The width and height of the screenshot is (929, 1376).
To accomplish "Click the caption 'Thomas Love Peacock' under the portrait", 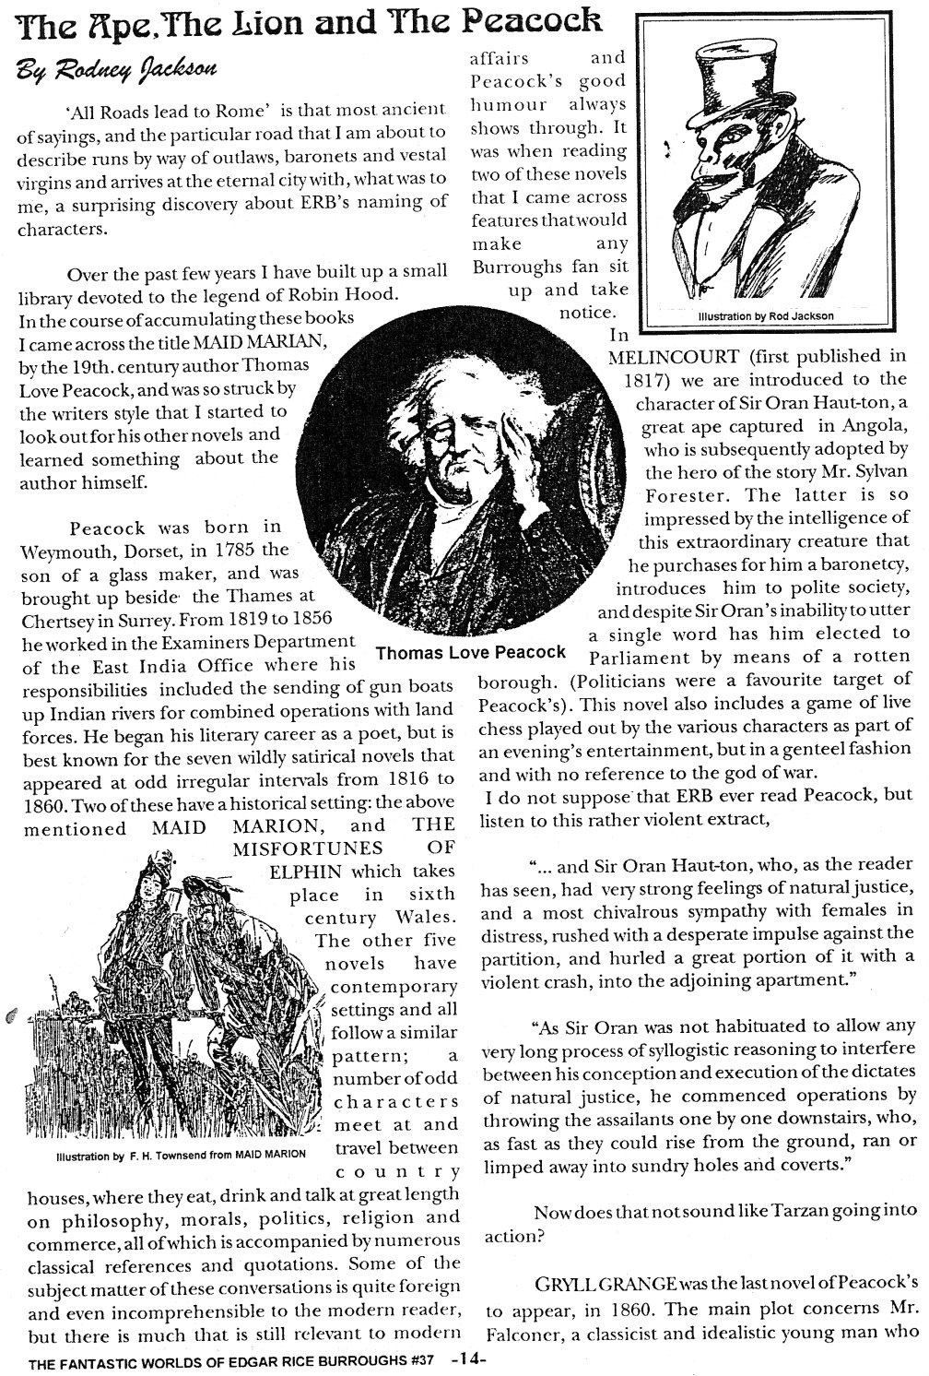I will click(471, 652).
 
